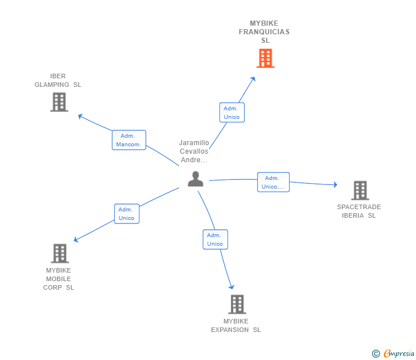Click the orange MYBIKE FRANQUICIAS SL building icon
coord(265,58)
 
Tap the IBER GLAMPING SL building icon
coord(59,102)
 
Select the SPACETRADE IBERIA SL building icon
coord(359,190)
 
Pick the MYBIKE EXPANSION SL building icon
coord(237,304)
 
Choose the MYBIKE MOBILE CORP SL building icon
coord(59,253)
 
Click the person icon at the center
coord(195,179)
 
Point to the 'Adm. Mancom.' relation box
coord(129,140)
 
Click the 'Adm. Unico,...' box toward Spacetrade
coord(273,182)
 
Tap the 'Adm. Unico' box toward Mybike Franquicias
coord(231,113)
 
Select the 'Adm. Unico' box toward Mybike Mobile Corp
coord(126,214)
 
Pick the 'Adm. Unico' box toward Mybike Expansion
coord(215,239)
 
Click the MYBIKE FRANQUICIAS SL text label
coord(264,32)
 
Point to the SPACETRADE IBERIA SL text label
coord(359,211)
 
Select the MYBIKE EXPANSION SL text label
coord(235,326)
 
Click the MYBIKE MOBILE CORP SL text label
coord(58,279)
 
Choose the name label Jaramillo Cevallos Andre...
coord(194,151)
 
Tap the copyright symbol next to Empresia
coord(375,354)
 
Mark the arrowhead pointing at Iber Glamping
coord(81,116)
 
